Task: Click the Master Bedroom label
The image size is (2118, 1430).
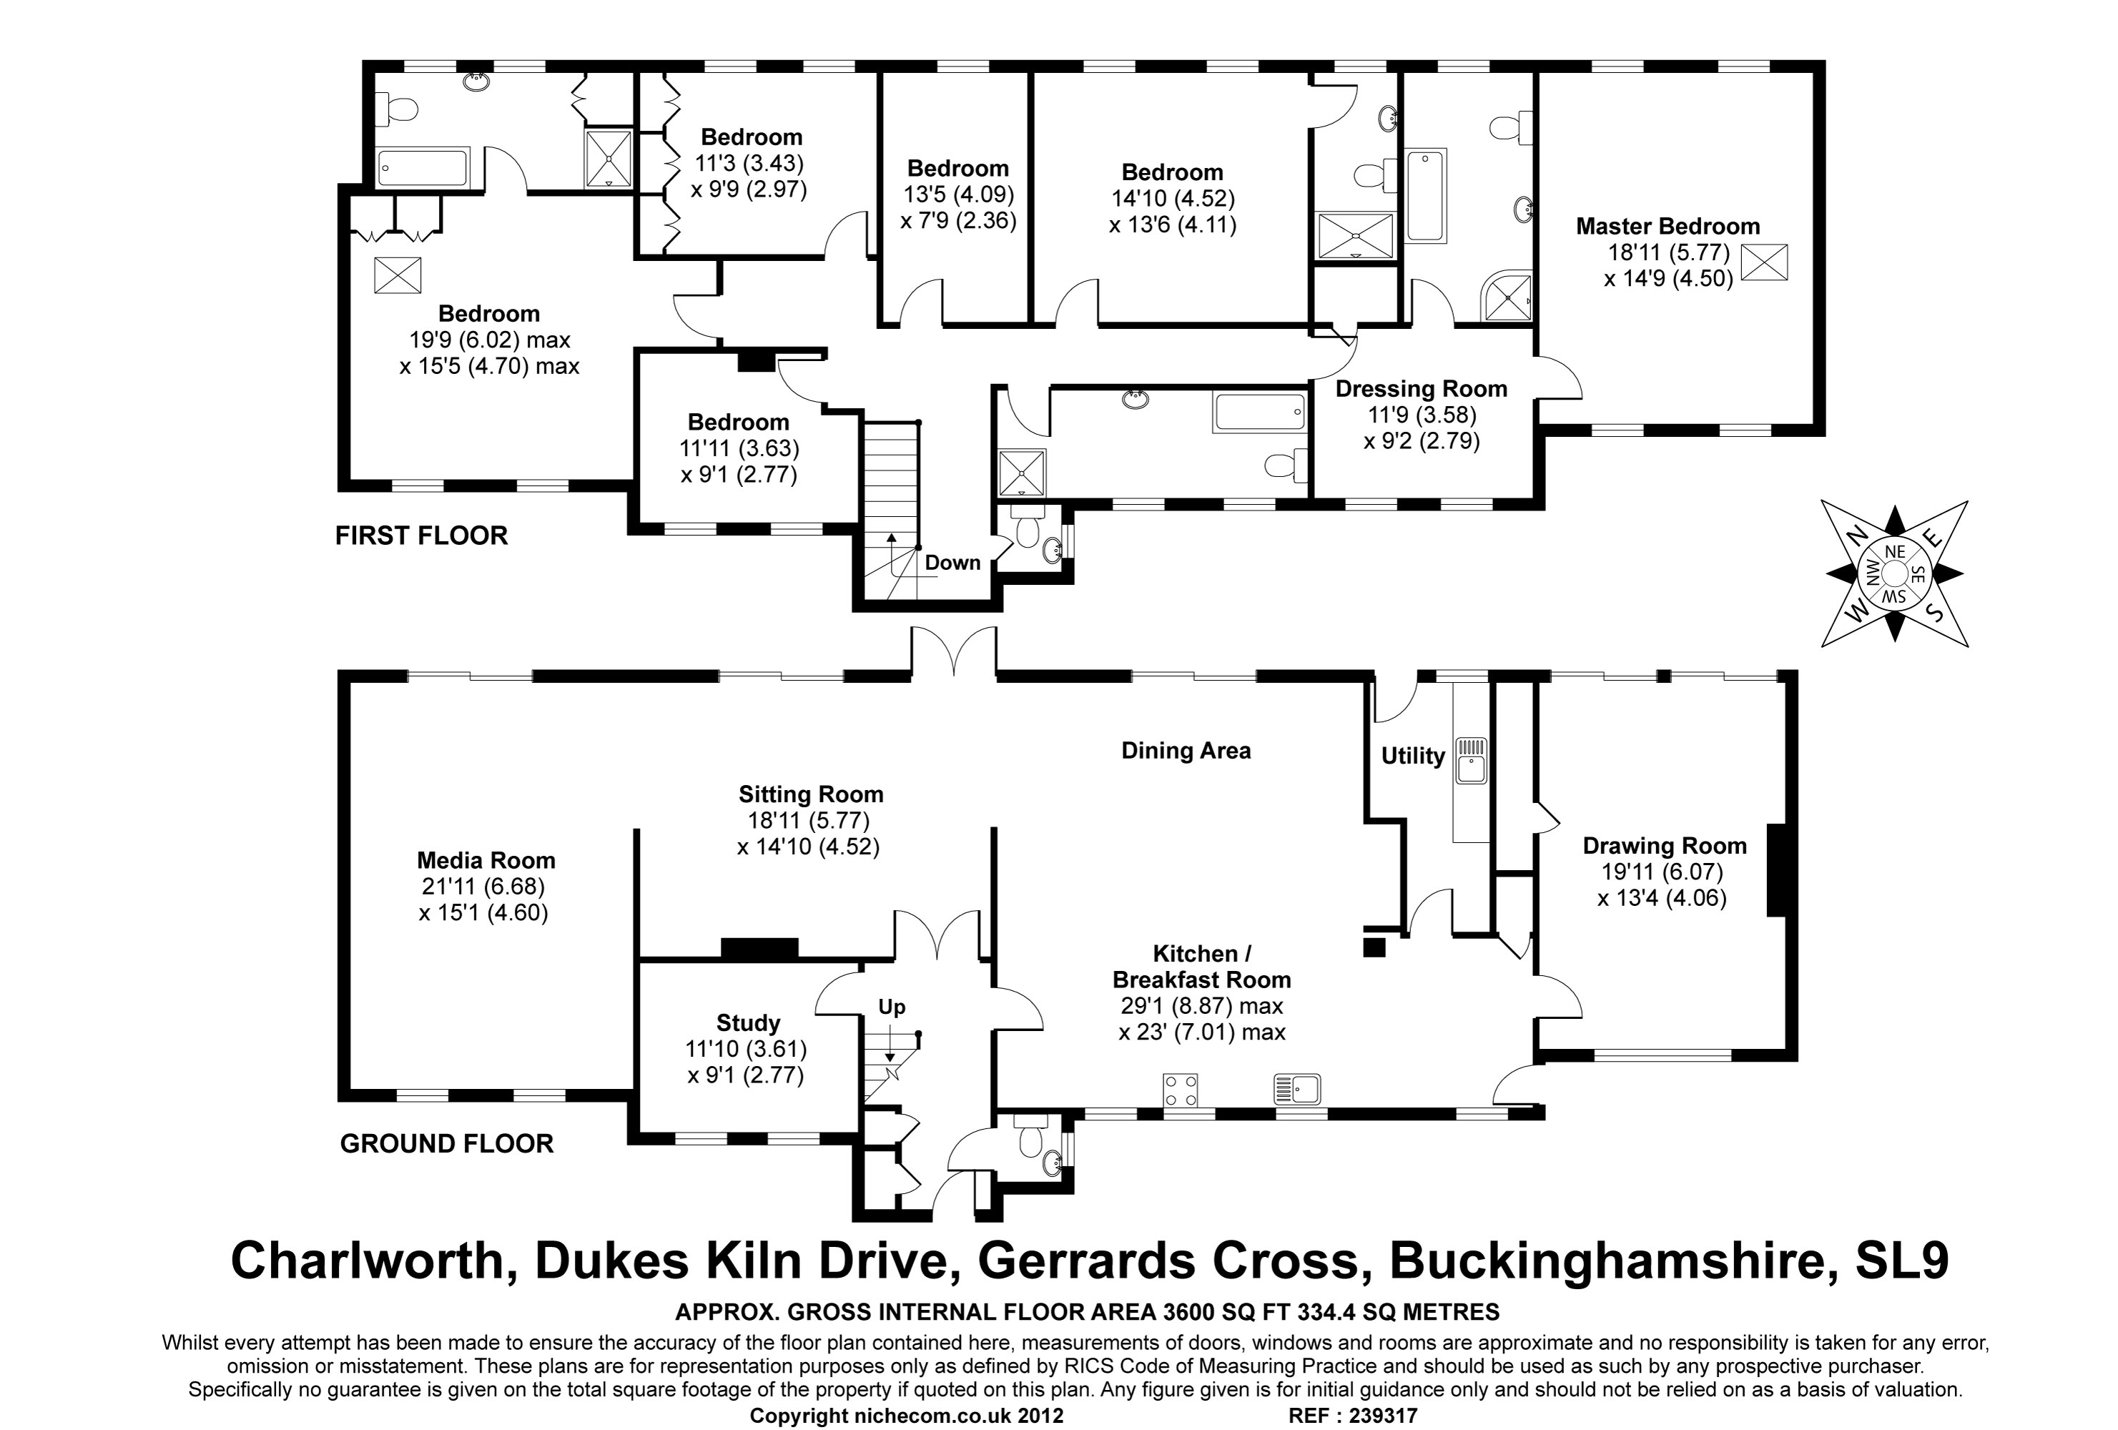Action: (1668, 227)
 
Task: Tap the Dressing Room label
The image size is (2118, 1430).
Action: (1421, 389)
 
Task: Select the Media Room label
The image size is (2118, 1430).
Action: (486, 860)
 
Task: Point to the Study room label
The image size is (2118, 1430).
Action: (747, 1022)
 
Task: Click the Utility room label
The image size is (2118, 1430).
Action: (1413, 756)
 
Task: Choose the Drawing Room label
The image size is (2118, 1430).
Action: (1664, 846)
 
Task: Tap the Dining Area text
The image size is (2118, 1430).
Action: (1186, 751)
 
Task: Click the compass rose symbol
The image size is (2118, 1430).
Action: (1893, 573)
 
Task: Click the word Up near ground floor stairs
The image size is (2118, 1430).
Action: (891, 1007)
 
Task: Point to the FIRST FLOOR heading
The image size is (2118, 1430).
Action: (421, 536)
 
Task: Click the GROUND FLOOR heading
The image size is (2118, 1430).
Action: (447, 1144)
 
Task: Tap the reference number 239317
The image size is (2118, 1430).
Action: (1378, 1416)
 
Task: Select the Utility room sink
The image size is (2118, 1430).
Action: (1471, 761)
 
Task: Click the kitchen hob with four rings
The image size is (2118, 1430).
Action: (1179, 1090)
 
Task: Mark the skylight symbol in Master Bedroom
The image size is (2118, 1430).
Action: (1763, 262)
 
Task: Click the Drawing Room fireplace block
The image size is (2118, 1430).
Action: (1775, 869)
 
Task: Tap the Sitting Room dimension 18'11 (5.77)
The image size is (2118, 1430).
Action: (809, 820)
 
